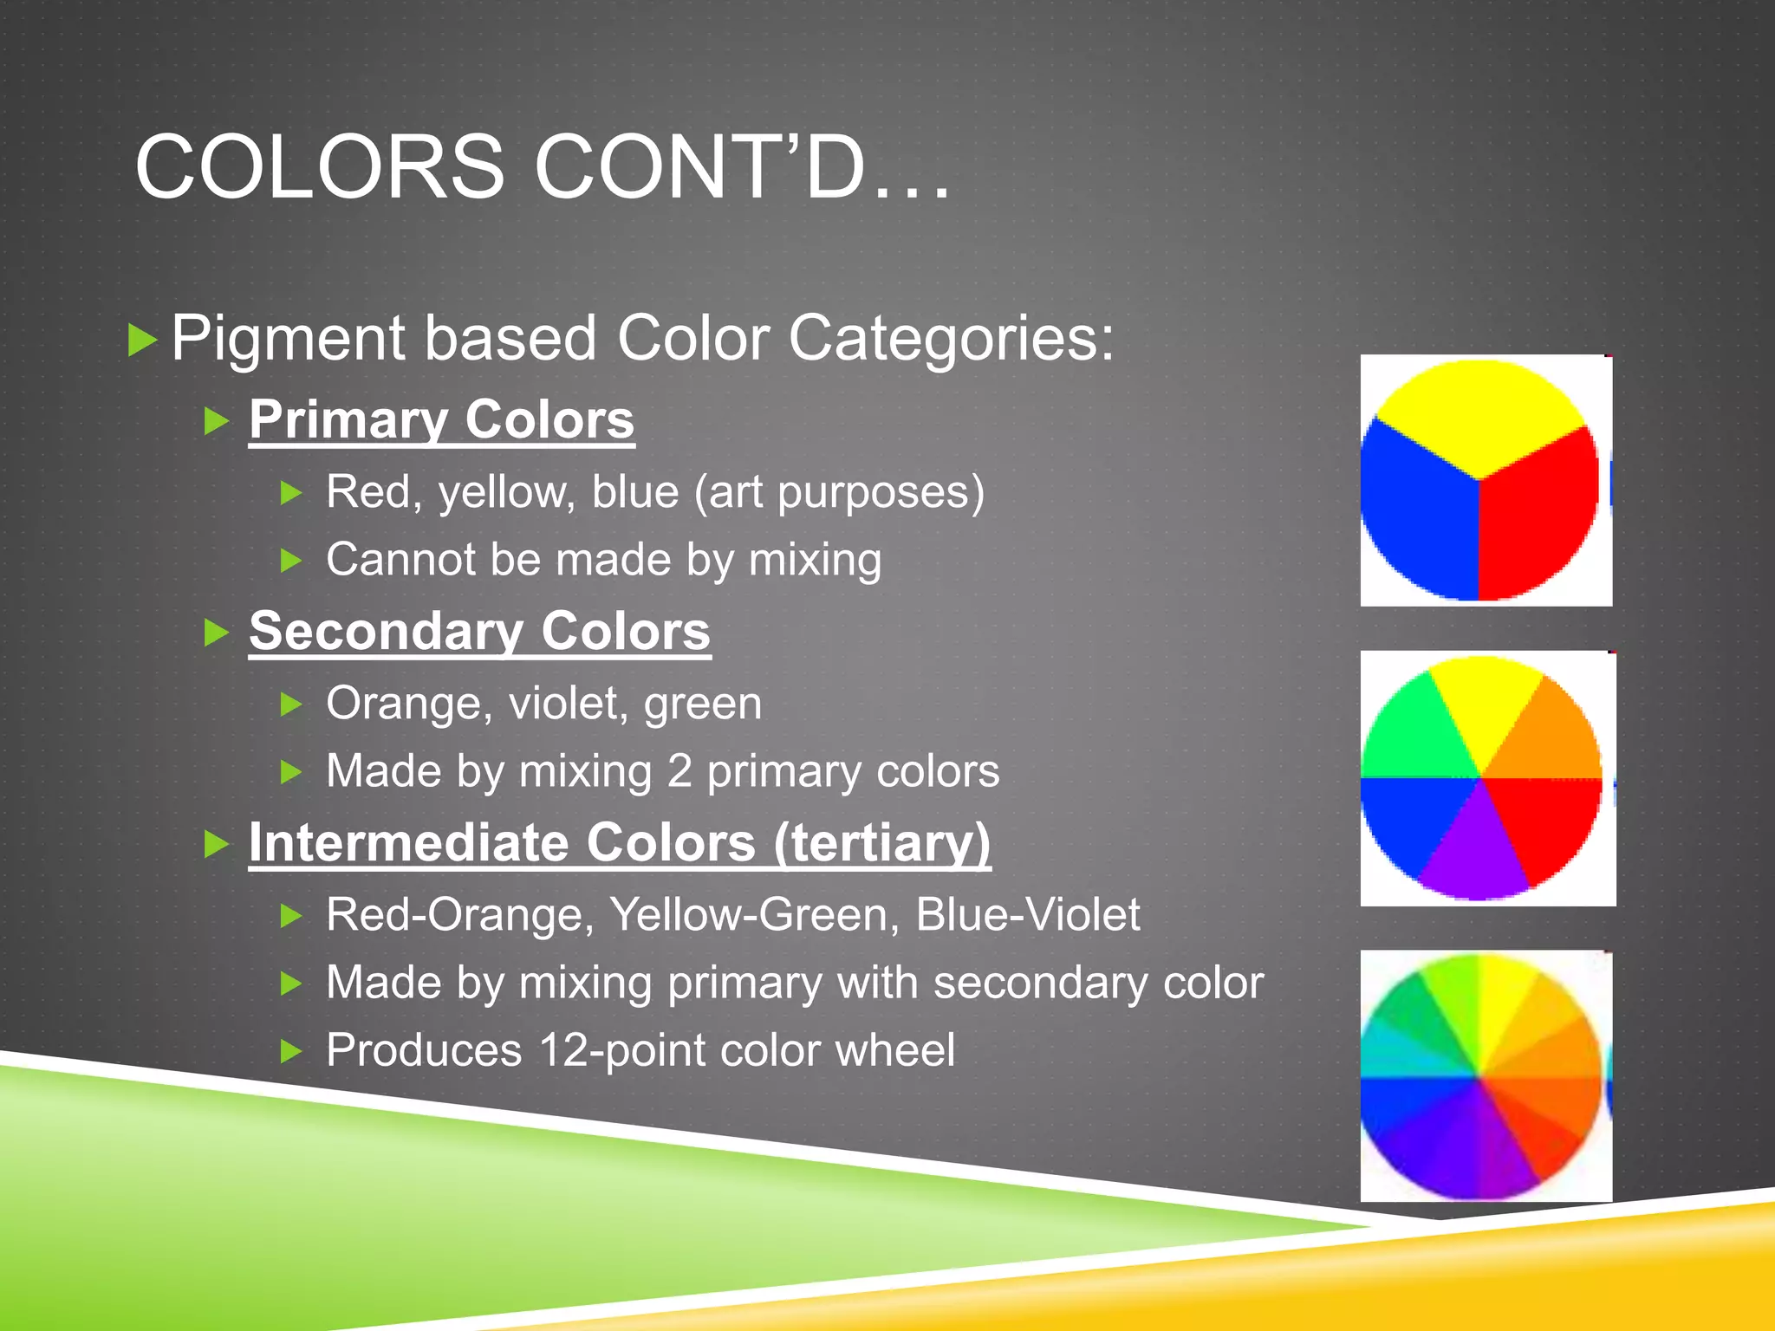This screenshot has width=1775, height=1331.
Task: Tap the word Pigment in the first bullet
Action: point(287,338)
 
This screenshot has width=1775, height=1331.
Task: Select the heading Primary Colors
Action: point(441,420)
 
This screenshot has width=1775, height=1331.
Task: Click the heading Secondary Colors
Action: point(479,631)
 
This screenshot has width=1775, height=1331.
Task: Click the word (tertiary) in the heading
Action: point(881,842)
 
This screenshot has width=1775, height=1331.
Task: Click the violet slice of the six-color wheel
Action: point(1473,854)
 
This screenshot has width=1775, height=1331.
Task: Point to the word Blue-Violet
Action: point(1028,915)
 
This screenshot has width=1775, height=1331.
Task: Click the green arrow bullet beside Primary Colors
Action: point(216,422)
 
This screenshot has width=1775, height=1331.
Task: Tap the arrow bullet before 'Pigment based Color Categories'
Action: point(142,340)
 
